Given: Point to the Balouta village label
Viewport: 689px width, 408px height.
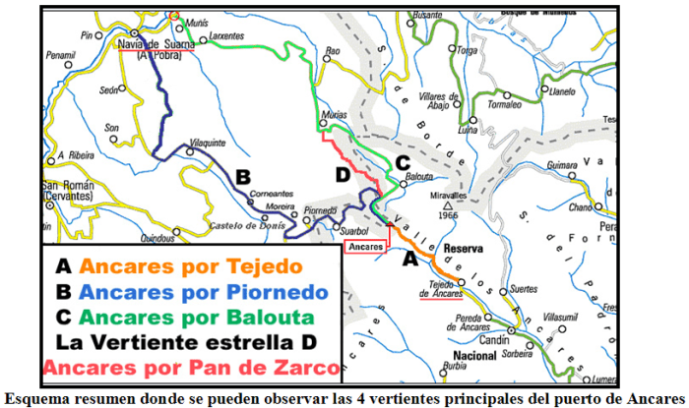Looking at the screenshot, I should [x=420, y=177].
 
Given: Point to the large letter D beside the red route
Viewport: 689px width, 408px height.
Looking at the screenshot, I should [x=343, y=175].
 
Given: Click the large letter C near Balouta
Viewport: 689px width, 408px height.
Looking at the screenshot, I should [x=402, y=162].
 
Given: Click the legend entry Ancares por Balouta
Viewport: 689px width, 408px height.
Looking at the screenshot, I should [x=183, y=318].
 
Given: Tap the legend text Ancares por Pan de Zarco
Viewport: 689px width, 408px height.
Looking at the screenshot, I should [x=192, y=369].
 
